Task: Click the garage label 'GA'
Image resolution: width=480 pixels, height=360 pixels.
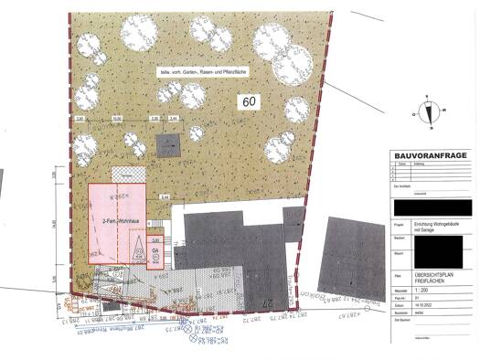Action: [x=155, y=249]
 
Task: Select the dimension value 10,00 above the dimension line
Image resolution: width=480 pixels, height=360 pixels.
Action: [x=116, y=119]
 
